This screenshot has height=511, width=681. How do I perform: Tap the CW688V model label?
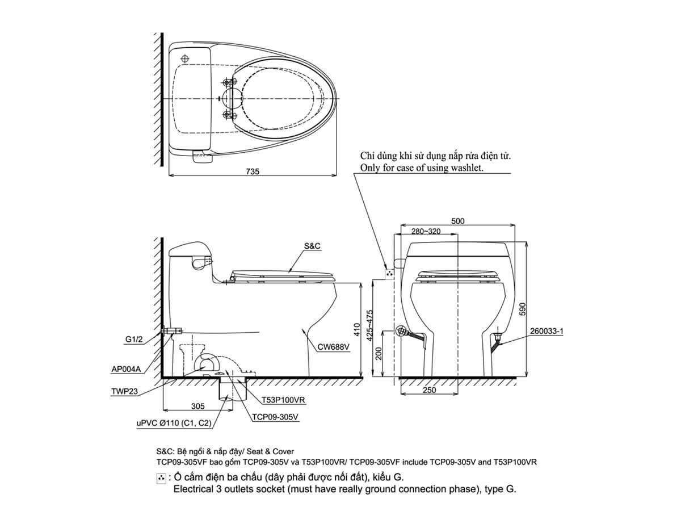333,346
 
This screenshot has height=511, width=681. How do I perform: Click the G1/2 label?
134,340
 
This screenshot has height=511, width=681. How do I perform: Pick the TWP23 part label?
125,391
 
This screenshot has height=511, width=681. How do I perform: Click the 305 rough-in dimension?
197,406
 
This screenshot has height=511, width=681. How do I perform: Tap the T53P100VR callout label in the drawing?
284,400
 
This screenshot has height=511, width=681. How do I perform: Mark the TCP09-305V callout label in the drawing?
275,417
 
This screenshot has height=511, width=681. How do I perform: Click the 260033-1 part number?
545,332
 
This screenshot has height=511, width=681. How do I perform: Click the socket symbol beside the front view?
389,274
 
